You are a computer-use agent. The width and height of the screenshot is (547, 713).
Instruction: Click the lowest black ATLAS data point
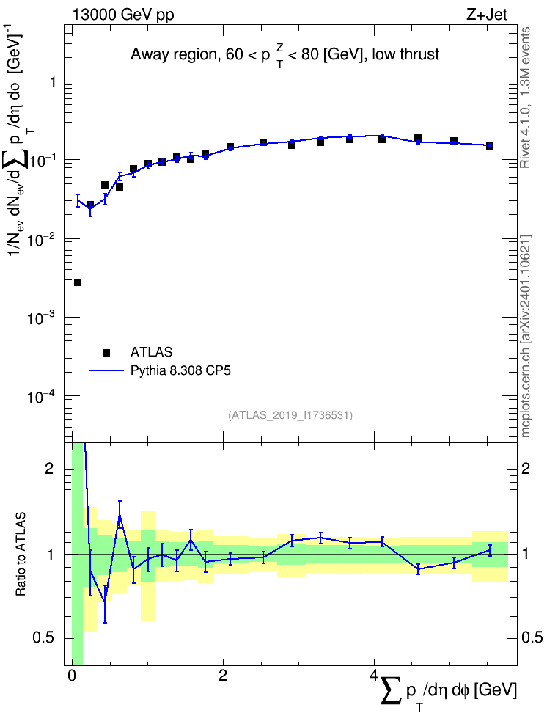[78, 282]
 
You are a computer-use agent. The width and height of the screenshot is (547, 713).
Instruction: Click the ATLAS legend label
[151, 352]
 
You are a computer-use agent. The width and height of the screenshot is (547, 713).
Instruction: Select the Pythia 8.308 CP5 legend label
[180, 370]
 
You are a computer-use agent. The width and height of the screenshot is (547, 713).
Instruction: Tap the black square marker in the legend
[106, 352]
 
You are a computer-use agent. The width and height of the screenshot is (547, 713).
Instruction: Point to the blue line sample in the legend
[106, 370]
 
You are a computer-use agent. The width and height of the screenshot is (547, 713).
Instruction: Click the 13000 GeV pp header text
[123, 15]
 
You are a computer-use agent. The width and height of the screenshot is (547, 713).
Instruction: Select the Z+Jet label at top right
[487, 15]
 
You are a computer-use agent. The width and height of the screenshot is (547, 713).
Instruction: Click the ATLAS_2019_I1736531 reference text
[290, 415]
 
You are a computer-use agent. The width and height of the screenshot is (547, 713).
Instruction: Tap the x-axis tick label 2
[223, 676]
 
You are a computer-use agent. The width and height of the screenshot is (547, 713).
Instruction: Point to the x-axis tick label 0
[72, 676]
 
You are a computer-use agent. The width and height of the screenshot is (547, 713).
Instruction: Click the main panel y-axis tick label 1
[54, 82]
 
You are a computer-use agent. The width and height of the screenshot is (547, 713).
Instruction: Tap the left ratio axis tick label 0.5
[45, 637]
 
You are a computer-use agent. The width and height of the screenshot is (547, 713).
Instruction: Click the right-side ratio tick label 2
[525, 468]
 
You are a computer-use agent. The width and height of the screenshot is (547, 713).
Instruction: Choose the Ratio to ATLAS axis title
[21, 554]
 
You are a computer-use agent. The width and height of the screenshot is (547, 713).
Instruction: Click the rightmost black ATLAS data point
[490, 146]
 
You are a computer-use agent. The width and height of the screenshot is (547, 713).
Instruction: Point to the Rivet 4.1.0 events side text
[525, 98]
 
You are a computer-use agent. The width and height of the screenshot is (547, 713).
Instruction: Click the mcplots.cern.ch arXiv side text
[525, 336]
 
